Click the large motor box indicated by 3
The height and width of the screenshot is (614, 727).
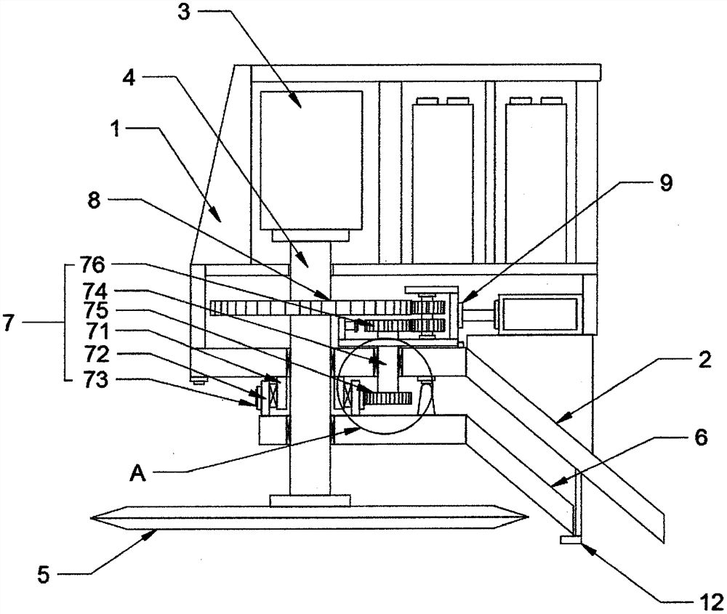point(311,160)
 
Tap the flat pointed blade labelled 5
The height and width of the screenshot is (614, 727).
point(309,519)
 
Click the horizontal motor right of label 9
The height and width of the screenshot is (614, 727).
point(538,313)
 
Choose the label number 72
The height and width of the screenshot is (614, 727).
point(94,355)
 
